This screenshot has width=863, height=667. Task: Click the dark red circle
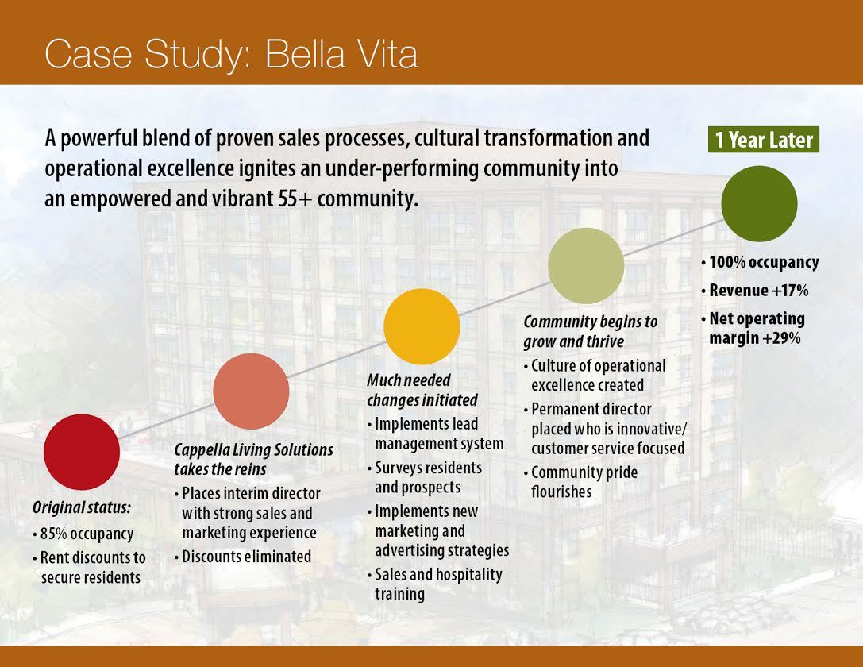pyautogui.click(x=82, y=452)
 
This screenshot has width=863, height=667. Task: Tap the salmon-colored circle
pyautogui.click(x=251, y=391)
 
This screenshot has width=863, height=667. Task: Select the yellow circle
pyautogui.click(x=422, y=326)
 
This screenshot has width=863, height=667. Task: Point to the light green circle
pyautogui.click(x=586, y=266)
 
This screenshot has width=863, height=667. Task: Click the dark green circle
pyautogui.click(x=759, y=203)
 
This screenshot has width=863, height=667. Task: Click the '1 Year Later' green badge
pyautogui.click(x=764, y=140)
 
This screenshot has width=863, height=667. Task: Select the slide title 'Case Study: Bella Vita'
pyautogui.click(x=231, y=54)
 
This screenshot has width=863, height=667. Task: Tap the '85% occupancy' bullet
pyautogui.click(x=83, y=534)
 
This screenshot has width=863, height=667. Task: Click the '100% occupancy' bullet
pyautogui.click(x=760, y=262)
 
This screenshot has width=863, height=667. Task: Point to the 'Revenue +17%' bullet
pyautogui.click(x=754, y=290)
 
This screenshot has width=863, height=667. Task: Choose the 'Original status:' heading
pyautogui.click(x=82, y=507)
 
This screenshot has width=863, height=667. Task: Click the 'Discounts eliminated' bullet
pyautogui.click(x=243, y=557)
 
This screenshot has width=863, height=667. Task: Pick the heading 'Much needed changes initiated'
pyautogui.click(x=422, y=390)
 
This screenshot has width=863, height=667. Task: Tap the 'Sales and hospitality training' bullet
pyautogui.click(x=435, y=584)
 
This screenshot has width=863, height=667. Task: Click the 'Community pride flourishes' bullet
pyautogui.click(x=580, y=481)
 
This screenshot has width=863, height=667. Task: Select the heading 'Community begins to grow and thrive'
pyautogui.click(x=590, y=331)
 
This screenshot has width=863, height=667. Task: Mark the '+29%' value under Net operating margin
pyautogui.click(x=781, y=338)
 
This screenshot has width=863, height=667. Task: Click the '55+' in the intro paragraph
pyautogui.click(x=295, y=199)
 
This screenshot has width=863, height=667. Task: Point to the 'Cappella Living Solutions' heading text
pyautogui.click(x=254, y=449)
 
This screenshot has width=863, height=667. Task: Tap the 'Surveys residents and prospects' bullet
pyautogui.click(x=424, y=477)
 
